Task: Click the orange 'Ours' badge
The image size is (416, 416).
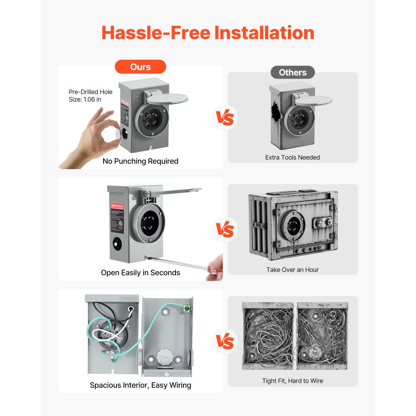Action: click(x=140, y=67)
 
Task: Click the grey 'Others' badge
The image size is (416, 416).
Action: click(x=292, y=72)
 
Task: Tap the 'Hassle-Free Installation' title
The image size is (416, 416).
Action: click(x=208, y=32)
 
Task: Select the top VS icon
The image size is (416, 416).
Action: click(x=225, y=118)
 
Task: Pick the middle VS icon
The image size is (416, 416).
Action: click(x=225, y=230)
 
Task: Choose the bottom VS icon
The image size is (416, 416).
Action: click(x=225, y=342)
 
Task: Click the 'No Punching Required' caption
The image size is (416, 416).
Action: click(x=140, y=161)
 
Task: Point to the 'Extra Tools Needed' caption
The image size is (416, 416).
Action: click(x=292, y=157)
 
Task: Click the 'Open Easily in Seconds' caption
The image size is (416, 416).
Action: click(x=140, y=272)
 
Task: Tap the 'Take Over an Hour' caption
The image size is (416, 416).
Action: click(x=292, y=270)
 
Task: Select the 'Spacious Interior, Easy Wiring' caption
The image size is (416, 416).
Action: click(x=140, y=385)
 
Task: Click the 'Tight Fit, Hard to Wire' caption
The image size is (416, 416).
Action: click(x=292, y=381)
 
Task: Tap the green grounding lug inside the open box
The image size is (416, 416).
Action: click(x=186, y=309)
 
